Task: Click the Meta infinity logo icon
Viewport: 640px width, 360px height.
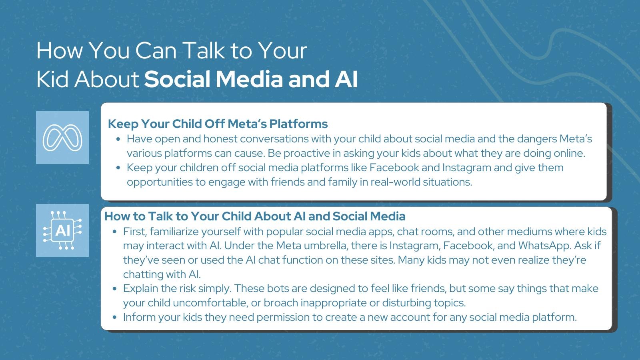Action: coord(62,138)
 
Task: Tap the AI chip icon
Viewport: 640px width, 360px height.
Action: coord(62,230)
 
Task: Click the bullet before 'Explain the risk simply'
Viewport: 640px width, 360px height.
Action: coord(114,288)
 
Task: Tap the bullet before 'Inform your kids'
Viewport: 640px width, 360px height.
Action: coord(114,317)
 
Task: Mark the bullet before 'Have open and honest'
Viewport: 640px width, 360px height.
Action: coord(118,139)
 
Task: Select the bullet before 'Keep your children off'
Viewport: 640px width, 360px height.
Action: coord(118,168)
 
